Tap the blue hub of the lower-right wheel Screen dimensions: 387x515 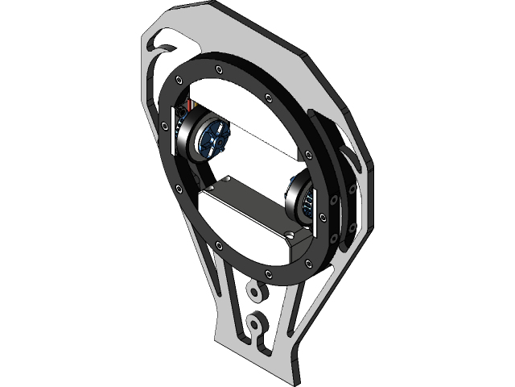(x=307, y=202)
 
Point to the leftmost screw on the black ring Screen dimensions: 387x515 (x=165, y=127)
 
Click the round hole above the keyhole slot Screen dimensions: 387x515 (x=254, y=289)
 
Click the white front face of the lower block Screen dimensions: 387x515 (x=241, y=230)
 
